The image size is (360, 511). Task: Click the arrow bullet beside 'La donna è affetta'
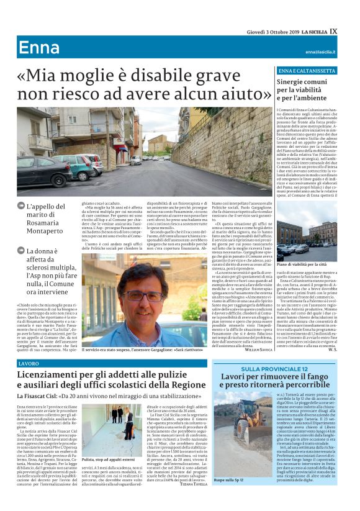point(22,251)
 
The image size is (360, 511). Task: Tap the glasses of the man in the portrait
point(146,296)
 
